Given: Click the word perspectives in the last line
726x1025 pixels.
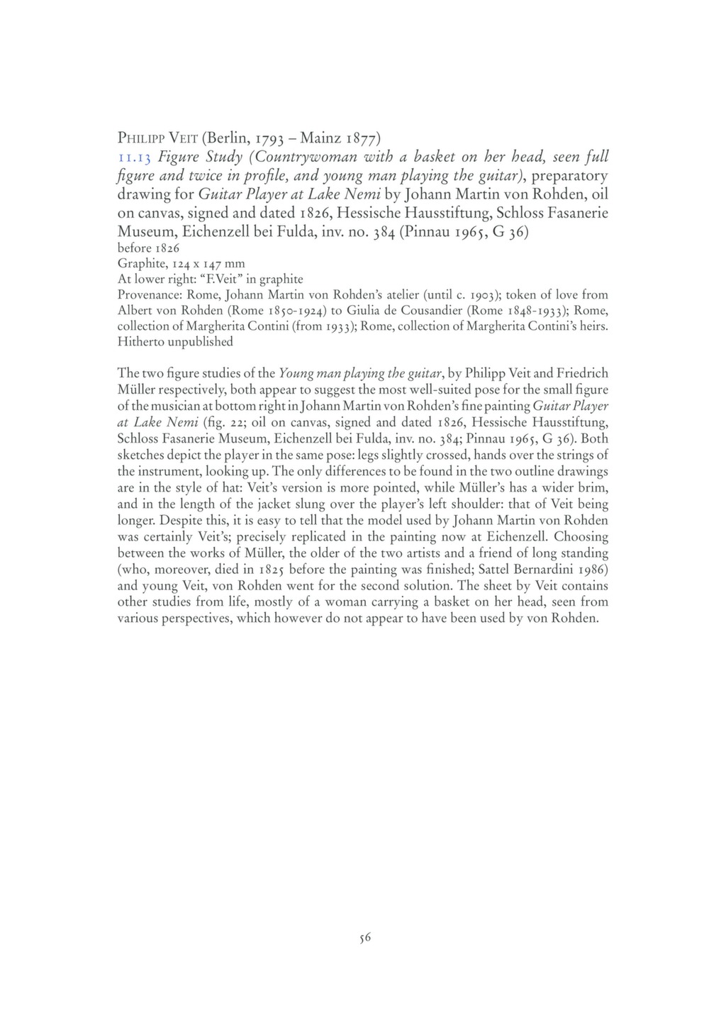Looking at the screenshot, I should point(196,619).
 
